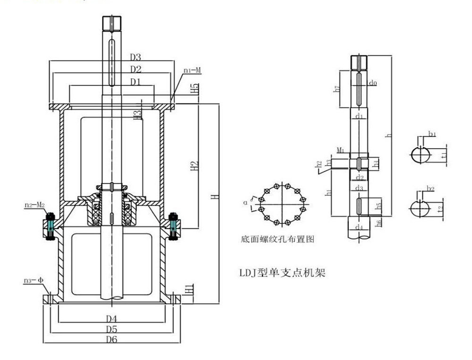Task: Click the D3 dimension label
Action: coord(135,58)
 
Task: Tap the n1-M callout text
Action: coord(192,70)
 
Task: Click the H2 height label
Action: coord(194,167)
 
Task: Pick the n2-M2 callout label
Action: coord(34,205)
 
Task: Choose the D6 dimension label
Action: coord(111,339)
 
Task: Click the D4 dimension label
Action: coord(111,318)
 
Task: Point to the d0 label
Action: coord(373,83)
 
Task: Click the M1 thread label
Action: coord(341,151)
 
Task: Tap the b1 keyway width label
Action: coord(432,135)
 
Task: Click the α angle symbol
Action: coord(245,202)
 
